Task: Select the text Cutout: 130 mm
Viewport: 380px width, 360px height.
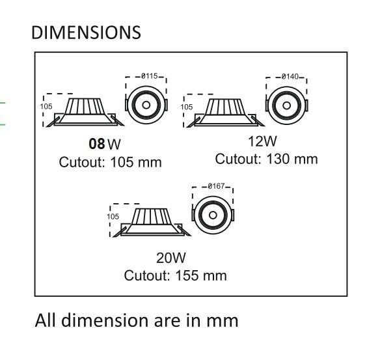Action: [x=267, y=159]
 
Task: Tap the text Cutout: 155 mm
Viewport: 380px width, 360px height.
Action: [x=176, y=275]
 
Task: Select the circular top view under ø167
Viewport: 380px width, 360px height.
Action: [x=213, y=215]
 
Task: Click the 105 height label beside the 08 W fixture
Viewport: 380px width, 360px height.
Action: [x=46, y=105]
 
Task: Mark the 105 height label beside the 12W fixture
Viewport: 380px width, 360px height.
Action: [x=187, y=105]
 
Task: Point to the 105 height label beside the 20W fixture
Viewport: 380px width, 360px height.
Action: [x=113, y=216]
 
